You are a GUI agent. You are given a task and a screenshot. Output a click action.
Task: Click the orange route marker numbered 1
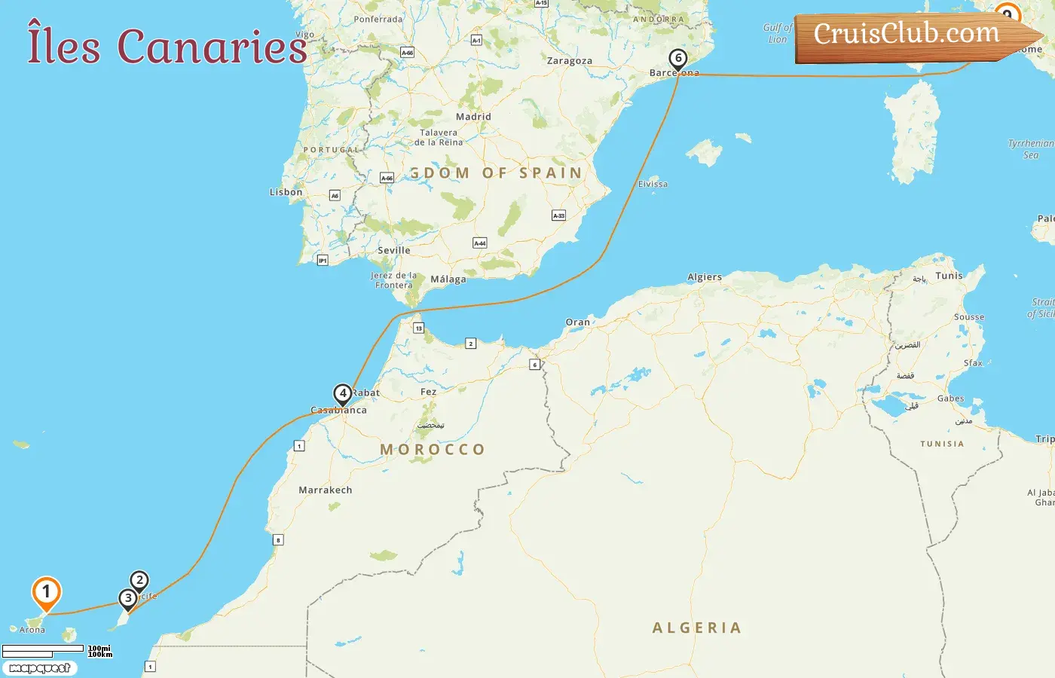coord(46,593)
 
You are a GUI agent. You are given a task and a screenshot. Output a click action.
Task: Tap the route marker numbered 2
coord(139,581)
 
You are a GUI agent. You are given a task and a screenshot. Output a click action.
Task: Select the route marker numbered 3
coord(128,599)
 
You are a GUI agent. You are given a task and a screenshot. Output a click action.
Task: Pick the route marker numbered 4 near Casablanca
coord(343,393)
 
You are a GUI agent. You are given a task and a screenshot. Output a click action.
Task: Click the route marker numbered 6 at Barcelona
coord(678,59)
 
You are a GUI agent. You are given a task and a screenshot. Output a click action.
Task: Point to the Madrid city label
coord(473,117)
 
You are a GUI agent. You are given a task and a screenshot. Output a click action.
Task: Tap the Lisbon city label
coord(286,192)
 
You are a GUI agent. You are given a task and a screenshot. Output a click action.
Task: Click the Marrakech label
coord(326,490)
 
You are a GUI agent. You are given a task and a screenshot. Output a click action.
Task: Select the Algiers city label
coord(705,277)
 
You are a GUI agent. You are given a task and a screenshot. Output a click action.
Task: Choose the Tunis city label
coord(949,276)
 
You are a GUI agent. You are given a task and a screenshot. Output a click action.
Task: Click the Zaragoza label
coord(570,61)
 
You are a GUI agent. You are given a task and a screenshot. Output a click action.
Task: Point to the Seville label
coord(394,250)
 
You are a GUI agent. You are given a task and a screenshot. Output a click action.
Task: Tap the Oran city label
coord(578,322)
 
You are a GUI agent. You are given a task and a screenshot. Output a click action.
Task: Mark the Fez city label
coord(429,392)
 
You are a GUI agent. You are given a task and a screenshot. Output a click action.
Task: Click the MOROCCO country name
coord(433,450)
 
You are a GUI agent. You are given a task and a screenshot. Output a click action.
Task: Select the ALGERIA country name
coord(697,628)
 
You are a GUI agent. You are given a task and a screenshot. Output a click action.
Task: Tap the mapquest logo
coord(40,668)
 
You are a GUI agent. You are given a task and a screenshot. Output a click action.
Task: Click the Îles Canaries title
coord(167,46)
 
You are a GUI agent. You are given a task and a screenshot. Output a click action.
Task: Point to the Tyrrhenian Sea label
coord(1030,149)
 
